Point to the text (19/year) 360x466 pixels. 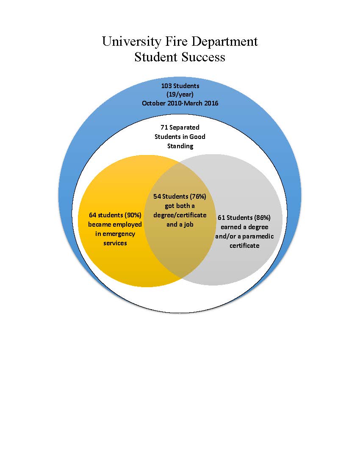tap(180, 94)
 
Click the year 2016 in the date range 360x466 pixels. tap(211, 103)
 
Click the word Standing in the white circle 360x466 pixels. tap(180, 146)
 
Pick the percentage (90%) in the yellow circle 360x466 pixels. tap(133, 215)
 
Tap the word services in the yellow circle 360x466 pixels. tap(115, 243)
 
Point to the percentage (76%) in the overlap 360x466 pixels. tap(197, 197)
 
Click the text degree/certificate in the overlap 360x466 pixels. tap(180, 215)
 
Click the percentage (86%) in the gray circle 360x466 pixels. tap(262, 218)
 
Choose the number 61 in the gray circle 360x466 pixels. tap(222, 218)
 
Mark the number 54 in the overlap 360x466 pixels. tap(157, 197)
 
